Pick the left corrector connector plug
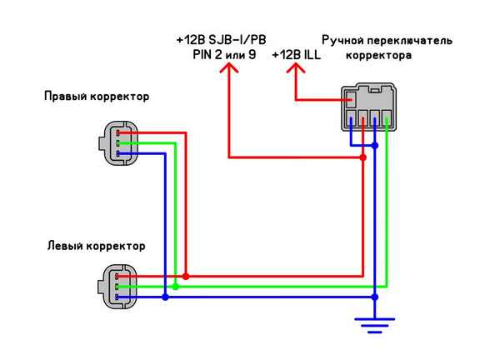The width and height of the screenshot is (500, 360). [x=114, y=285]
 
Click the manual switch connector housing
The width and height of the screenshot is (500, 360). [x=369, y=107]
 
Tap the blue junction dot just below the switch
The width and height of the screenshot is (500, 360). [x=375, y=146]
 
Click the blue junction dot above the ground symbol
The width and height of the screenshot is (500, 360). [x=375, y=295]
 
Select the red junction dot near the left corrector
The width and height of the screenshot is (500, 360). [x=186, y=276]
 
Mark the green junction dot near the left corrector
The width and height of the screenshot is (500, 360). [x=175, y=286]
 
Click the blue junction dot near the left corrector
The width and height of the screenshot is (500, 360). [x=165, y=296]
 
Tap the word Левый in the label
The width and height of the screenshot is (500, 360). [x=62, y=246]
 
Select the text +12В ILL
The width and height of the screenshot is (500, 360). [x=296, y=54]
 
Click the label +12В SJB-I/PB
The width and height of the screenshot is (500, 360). [x=221, y=39]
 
